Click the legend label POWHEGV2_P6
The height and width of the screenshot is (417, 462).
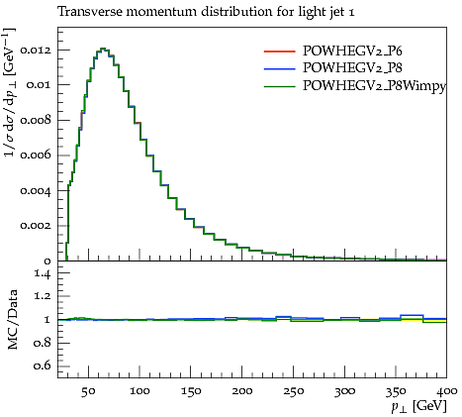click(352, 51)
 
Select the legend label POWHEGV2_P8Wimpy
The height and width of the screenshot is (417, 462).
click(374, 86)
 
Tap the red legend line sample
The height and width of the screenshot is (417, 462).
click(279, 52)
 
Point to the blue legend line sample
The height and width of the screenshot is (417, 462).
click(279, 68)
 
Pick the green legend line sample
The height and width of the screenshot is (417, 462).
click(279, 86)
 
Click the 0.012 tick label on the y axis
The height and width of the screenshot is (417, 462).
click(36, 51)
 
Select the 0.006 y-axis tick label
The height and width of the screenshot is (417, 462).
click(36, 156)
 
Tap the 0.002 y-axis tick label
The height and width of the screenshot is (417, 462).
click(36, 226)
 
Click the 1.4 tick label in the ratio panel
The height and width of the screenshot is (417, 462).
click(43, 273)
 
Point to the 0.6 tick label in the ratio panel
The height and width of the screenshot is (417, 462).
click(43, 365)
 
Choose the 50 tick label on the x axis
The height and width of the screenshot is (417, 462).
click(88, 391)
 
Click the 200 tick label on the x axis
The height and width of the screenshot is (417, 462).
click(241, 391)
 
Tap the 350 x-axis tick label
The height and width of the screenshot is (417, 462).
click(396, 391)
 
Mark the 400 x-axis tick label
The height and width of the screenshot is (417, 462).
click(446, 391)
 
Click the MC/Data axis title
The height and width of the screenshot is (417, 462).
click(13, 320)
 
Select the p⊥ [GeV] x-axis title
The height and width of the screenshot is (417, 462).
click(419, 406)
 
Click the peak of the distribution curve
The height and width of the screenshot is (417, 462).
click(103, 49)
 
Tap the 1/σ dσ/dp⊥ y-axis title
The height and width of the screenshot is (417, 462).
click(11, 93)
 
